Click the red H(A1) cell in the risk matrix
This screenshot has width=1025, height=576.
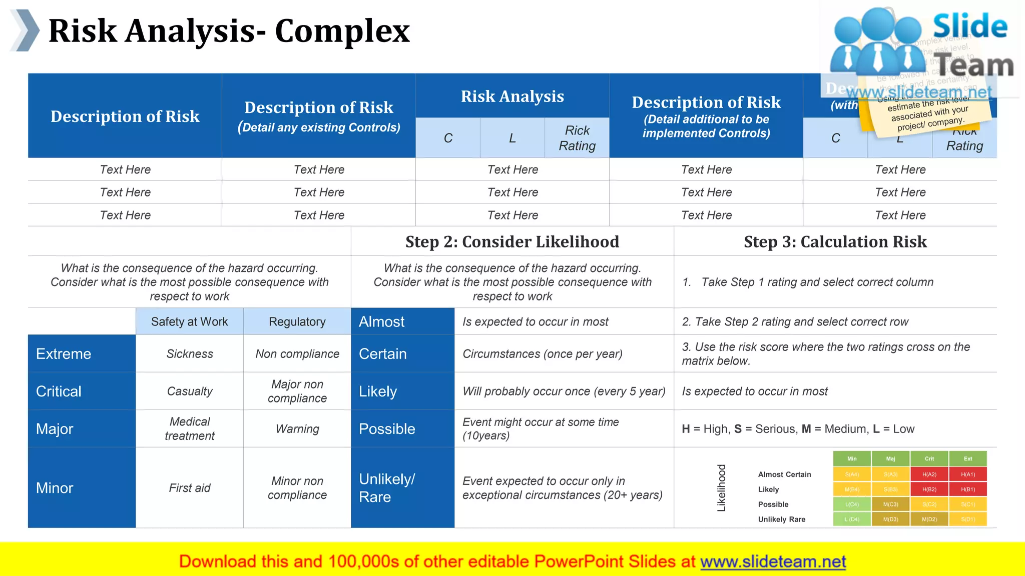coord(968,474)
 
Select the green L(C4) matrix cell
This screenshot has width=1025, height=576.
coord(852,504)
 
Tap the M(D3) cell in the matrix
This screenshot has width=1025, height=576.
coord(890,519)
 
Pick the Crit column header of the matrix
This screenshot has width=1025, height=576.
coord(929,458)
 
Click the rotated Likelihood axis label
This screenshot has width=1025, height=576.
coord(721,488)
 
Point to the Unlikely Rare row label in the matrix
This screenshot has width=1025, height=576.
coord(781,519)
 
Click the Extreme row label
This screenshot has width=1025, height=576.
coord(64,354)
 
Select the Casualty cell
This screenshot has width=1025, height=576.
coord(190,391)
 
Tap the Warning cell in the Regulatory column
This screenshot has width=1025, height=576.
coord(297,429)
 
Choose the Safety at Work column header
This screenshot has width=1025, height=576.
coord(189,322)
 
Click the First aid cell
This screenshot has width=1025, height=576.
coord(190,488)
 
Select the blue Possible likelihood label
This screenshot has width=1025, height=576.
coord(387,429)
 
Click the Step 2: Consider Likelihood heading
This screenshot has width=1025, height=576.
coord(512,242)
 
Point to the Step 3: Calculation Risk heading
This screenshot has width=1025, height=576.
coord(835,242)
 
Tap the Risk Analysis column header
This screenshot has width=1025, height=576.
coord(512,96)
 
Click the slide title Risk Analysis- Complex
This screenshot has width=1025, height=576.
coord(229,31)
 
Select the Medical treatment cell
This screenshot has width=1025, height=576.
coord(190,429)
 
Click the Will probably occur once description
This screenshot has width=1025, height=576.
coord(564,391)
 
